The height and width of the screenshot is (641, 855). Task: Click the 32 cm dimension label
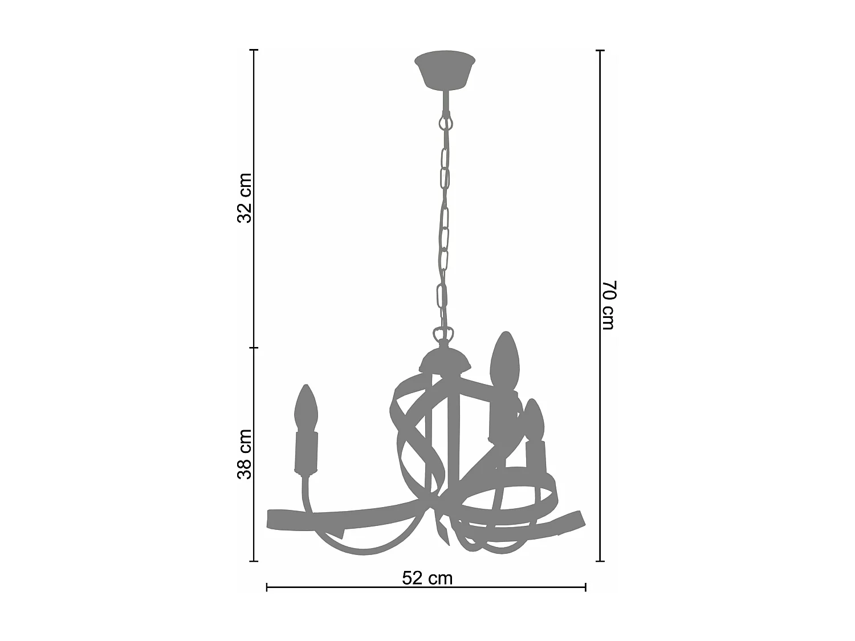245,198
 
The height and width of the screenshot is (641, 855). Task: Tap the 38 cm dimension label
245,454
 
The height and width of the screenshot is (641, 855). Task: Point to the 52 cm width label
427,578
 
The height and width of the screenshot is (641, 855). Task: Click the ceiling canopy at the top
445,70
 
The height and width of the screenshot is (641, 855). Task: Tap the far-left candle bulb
306,409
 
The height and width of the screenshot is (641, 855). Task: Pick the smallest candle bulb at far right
534,420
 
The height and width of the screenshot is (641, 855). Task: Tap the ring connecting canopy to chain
445,123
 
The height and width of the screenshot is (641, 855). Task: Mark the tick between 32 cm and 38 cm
255,348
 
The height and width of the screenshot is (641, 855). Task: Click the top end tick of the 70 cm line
600,50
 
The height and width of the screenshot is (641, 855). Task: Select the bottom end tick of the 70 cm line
600,561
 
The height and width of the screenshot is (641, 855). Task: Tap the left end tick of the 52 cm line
267,587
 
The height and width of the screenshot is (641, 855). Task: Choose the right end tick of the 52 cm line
585,587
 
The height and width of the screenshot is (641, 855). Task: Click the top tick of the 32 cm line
255,50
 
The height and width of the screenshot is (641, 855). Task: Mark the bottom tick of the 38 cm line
255,561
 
